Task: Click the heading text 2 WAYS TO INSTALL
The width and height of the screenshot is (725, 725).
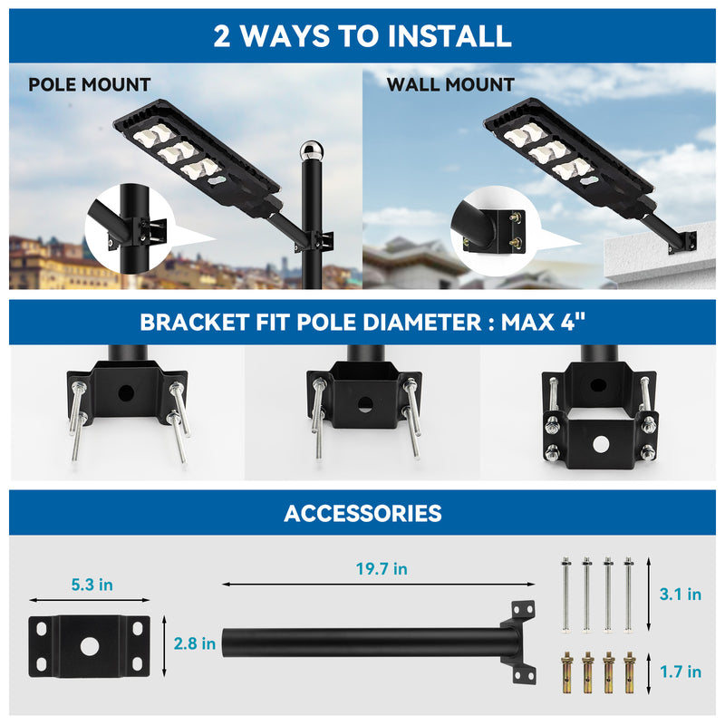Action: (x=362, y=35)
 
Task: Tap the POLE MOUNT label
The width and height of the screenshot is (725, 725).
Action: (x=89, y=85)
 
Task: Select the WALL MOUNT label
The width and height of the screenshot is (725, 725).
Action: (x=450, y=85)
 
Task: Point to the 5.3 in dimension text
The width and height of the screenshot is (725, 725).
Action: (x=92, y=585)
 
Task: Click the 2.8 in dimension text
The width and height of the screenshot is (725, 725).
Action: (x=195, y=643)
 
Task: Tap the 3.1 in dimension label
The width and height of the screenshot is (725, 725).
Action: (x=680, y=594)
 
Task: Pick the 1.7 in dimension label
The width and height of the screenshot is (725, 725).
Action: (x=680, y=672)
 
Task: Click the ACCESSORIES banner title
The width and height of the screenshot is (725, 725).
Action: (x=362, y=514)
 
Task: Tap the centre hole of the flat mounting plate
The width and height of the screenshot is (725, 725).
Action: (x=89, y=646)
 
